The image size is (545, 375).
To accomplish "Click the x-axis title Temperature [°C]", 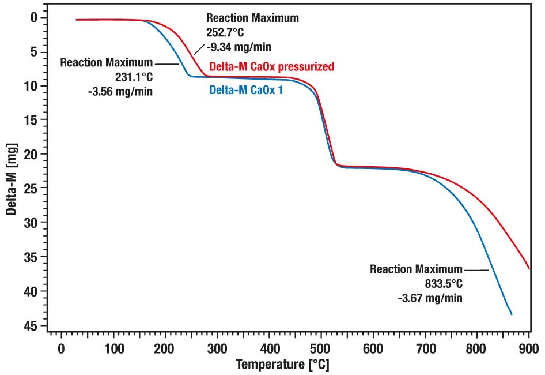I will click(x=282, y=365).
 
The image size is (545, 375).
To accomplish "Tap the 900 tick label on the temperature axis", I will click(x=528, y=349).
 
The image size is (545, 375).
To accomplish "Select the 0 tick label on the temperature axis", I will click(x=61, y=349).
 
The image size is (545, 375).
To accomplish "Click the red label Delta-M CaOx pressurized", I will click(x=271, y=66).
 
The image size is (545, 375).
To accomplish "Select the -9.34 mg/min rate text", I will click(x=239, y=47).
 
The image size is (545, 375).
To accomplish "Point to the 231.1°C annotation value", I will click(x=134, y=77).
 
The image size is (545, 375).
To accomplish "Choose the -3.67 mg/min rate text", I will click(x=430, y=298).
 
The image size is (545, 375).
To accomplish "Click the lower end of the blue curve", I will click(x=511, y=314).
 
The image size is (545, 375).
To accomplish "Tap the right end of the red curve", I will click(x=529, y=268).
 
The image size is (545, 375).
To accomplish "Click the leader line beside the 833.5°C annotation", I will click(x=476, y=269).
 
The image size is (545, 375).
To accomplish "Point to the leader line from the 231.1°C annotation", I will click(x=167, y=63).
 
